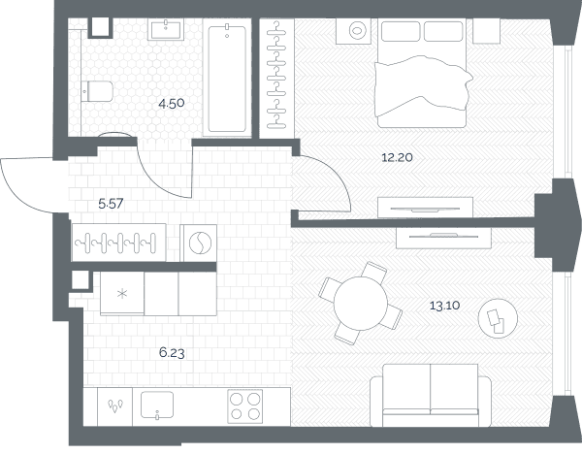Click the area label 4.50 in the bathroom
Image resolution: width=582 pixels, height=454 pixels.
point(171,103)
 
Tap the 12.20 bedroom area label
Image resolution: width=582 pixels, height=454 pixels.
point(397,157)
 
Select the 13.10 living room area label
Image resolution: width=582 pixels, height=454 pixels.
point(444,306)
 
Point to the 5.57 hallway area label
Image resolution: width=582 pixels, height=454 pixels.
point(111,204)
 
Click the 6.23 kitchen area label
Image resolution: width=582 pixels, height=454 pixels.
point(172,352)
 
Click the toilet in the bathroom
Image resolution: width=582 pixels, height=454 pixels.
point(97,91)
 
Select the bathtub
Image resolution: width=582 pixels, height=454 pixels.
point(227,78)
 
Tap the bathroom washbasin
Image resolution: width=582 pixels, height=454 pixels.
point(166,29)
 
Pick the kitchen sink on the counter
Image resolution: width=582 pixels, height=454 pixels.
point(157,405)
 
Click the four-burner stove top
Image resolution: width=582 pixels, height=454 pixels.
point(245,406)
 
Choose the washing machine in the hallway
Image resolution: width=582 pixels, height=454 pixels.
point(199,243)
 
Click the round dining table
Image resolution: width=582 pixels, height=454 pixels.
point(361,304)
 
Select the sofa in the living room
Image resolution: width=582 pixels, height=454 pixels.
point(431,396)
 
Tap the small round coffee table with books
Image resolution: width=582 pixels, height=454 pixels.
point(498,318)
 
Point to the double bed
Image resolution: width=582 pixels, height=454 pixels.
point(422,74)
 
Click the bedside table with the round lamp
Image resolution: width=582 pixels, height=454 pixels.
point(353,31)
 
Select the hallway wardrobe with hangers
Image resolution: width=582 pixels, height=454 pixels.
point(118,243)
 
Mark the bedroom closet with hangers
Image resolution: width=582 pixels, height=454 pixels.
point(276,79)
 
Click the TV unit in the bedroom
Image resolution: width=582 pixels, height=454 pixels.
point(426,208)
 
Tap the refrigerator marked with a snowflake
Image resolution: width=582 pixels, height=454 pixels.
point(122,293)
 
